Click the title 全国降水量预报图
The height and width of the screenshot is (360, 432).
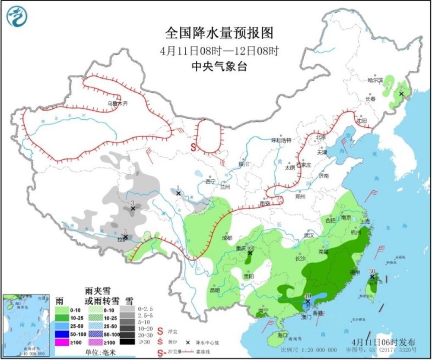(x=219, y=33)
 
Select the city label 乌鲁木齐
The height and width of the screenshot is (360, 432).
(x=118, y=104)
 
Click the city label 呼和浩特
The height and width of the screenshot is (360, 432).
(x=281, y=141)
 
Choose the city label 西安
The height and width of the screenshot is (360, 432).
(x=265, y=203)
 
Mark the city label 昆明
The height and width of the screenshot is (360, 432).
(x=215, y=290)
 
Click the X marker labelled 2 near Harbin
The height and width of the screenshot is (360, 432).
(x=401, y=94)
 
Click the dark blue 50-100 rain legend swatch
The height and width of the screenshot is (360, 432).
(x=63, y=334)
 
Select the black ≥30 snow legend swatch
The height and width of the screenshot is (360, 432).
(x=126, y=342)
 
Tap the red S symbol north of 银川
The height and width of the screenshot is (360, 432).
(x=194, y=147)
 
